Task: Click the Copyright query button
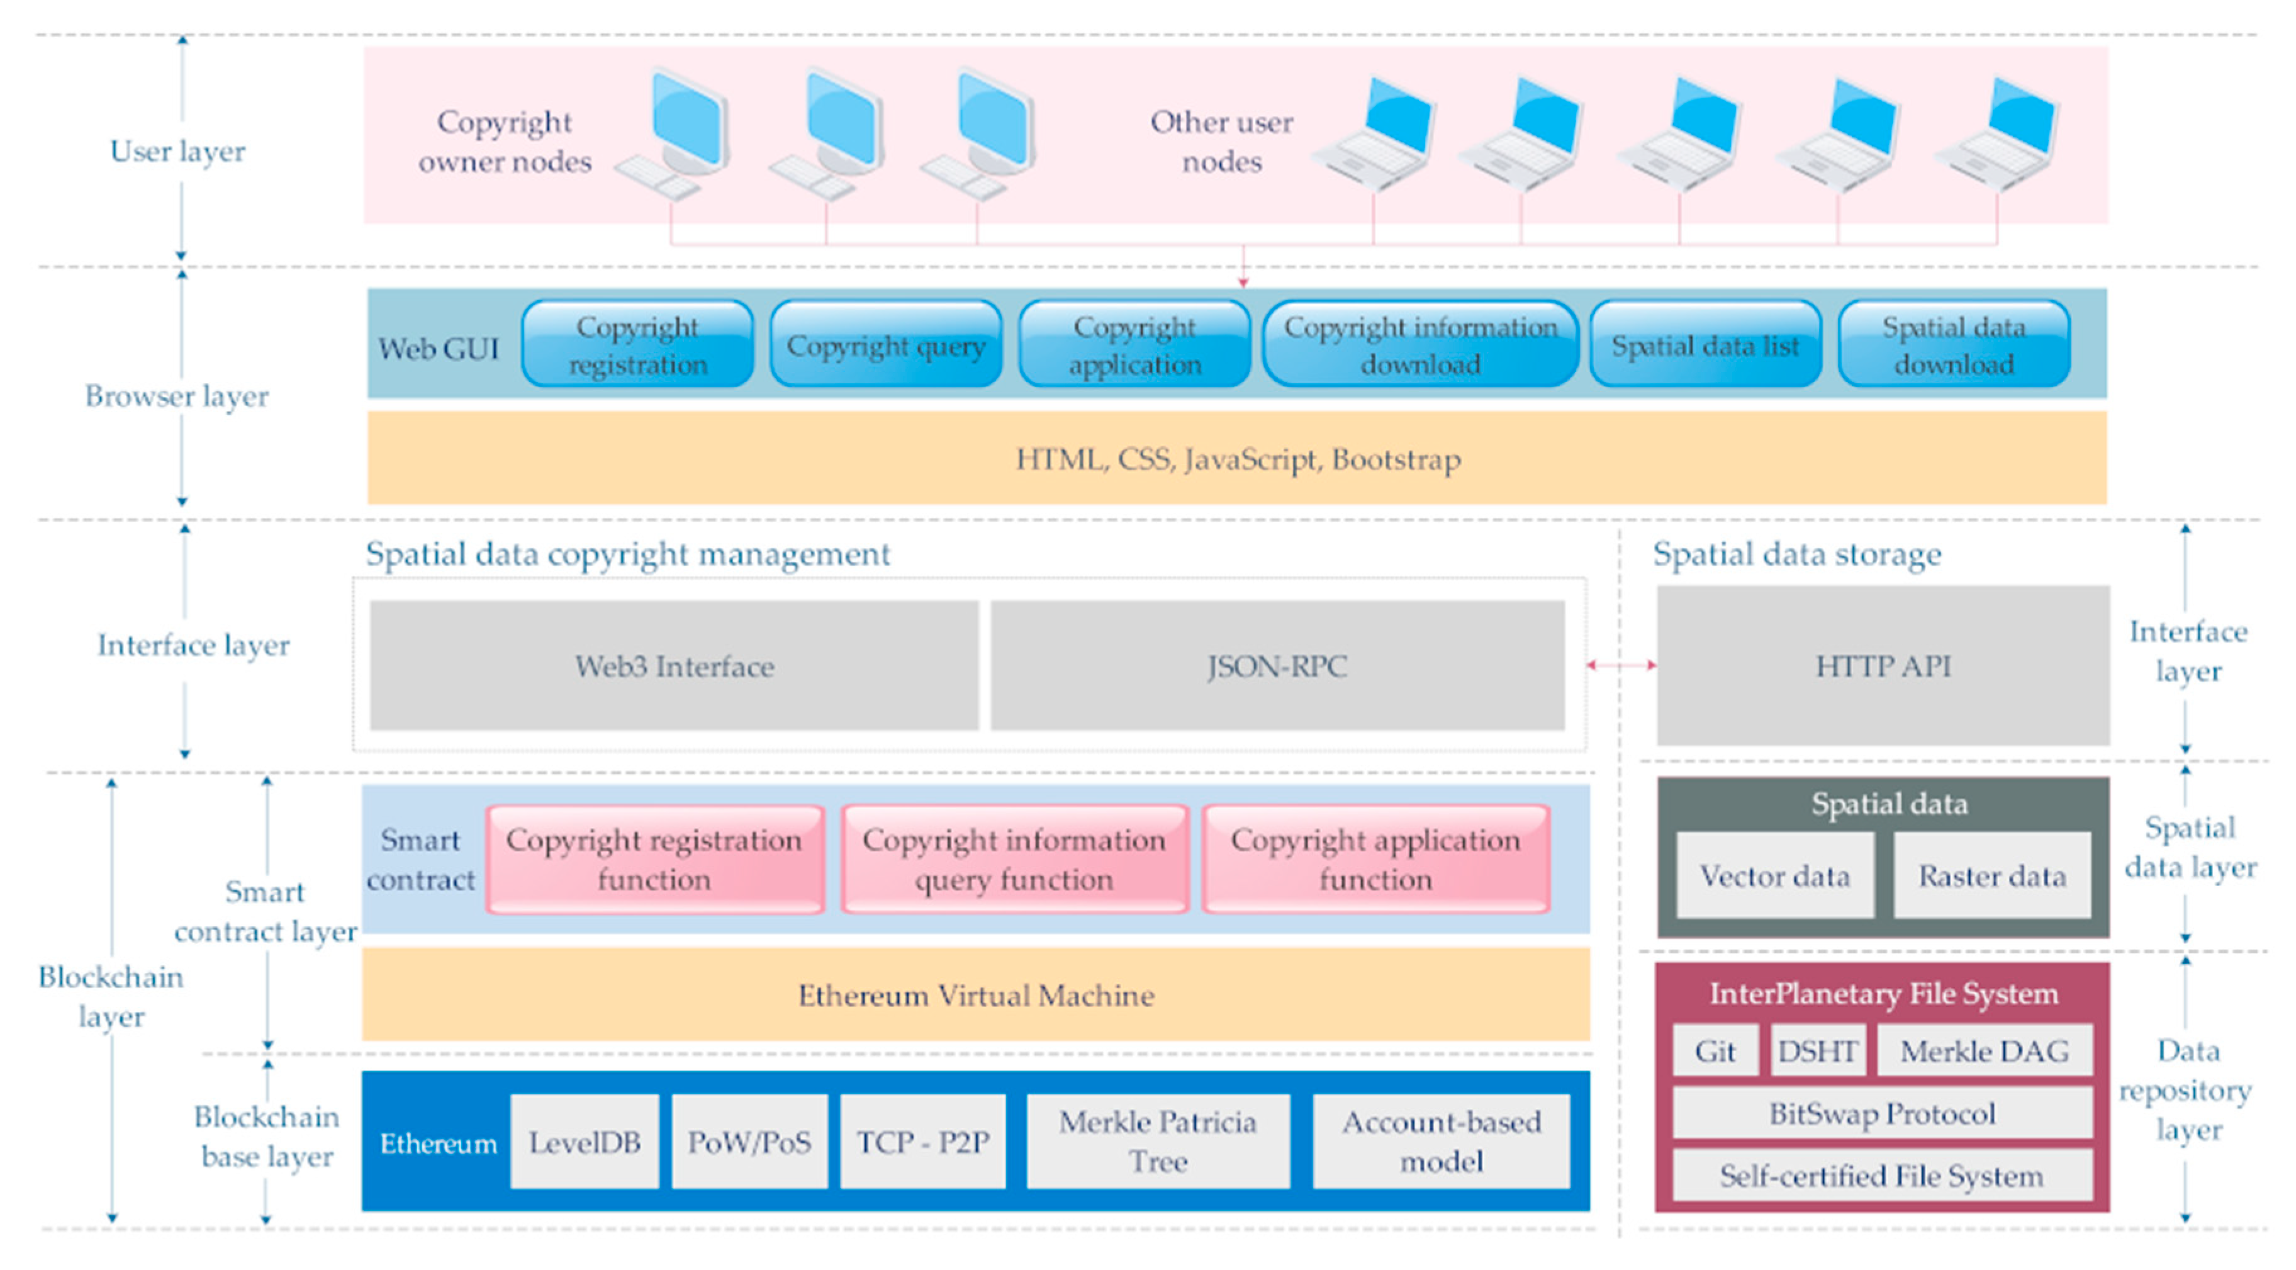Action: coord(885,345)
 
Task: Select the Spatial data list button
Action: coord(1704,345)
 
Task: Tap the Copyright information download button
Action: coord(1420,345)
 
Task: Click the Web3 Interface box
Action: coord(674,666)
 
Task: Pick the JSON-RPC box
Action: coord(1276,666)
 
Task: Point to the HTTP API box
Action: coord(1883,666)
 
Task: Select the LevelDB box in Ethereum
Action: coord(584,1142)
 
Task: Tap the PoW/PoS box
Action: coord(749,1142)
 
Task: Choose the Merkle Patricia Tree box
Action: coord(1157,1142)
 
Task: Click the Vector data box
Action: coord(1774,875)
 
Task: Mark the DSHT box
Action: coord(1817,1051)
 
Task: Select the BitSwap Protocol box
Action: coord(1881,1113)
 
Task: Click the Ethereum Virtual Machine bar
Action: coord(975,994)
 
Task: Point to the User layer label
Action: coord(177,150)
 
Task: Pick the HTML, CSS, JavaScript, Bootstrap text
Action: coord(1237,459)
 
